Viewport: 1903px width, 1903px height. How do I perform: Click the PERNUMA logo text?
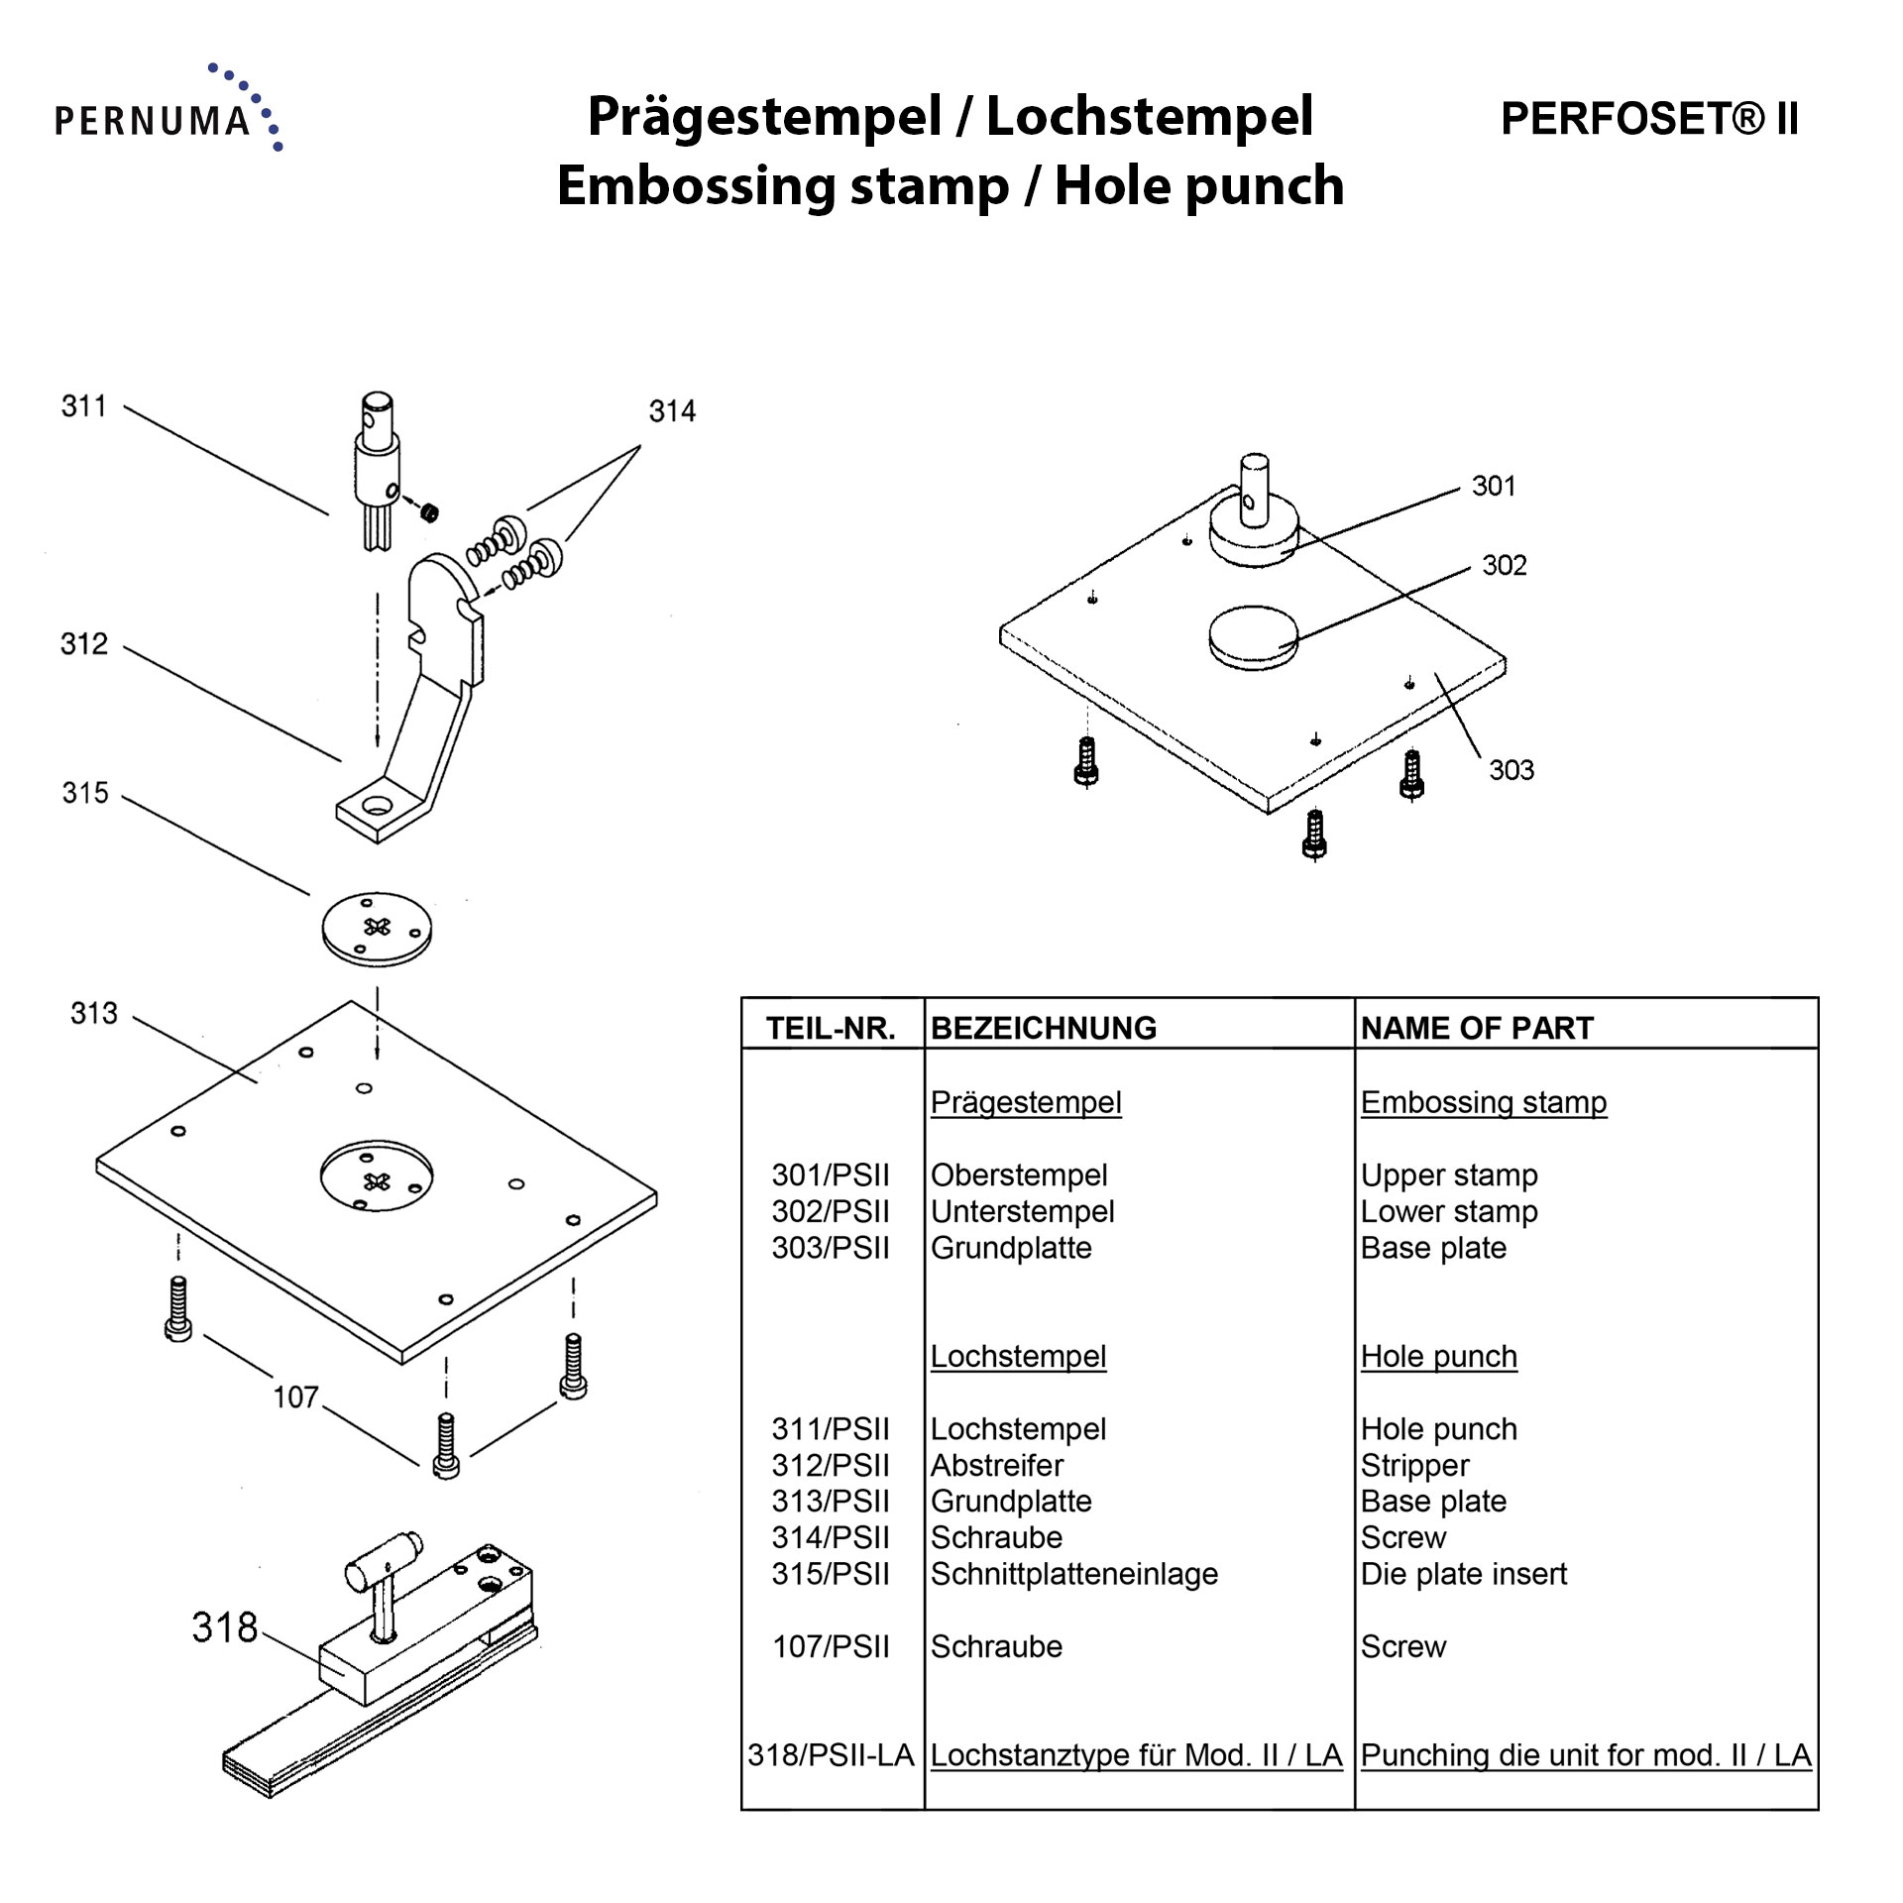tap(153, 121)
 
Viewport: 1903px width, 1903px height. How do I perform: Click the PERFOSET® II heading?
tap(1648, 119)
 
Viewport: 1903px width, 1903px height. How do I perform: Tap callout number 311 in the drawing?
tap(84, 406)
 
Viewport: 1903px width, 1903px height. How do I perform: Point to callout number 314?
tap(672, 411)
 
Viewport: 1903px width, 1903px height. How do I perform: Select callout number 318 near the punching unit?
tap(225, 1627)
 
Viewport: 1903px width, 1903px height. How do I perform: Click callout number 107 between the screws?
tap(295, 1398)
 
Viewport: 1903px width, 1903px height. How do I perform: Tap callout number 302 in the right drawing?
tap(1504, 566)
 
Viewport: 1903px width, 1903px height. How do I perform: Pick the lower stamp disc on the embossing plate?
tap(1253, 636)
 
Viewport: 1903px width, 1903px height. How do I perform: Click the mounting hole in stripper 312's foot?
tap(377, 804)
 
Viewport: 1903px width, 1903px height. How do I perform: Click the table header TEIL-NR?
tap(831, 1028)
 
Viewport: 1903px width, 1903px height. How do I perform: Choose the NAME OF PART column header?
tap(1477, 1028)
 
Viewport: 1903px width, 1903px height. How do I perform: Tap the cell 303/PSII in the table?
tap(831, 1248)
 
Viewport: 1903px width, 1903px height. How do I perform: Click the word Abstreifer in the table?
tap(996, 1465)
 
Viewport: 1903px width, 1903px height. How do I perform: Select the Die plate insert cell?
tap(1463, 1574)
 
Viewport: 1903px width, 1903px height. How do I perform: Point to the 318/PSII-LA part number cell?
tap(831, 1755)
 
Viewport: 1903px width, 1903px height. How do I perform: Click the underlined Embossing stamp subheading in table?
tap(1483, 1102)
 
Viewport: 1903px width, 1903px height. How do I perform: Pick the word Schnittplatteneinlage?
tap(1073, 1574)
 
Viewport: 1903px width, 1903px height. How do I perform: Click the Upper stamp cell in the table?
tap(1448, 1175)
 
